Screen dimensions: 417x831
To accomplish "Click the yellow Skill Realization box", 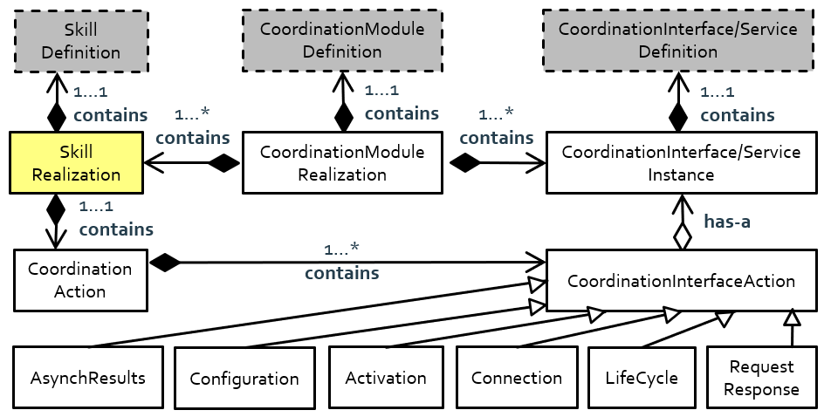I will coord(76,163).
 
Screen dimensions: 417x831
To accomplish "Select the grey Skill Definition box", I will coord(79,41).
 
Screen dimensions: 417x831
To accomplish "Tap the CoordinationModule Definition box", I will coord(342,41).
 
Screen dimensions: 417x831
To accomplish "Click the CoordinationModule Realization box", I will coord(342,163).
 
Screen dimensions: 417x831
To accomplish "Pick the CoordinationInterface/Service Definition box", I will coord(677,41).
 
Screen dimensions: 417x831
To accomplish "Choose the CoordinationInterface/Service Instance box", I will coord(681,163).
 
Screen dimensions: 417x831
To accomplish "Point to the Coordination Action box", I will coord(79,280).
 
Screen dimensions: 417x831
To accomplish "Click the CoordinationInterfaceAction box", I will coord(681,281).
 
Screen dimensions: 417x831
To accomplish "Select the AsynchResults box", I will coord(88,379).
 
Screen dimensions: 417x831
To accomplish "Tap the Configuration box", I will coord(244,379).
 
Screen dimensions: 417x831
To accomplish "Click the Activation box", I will coord(386,379).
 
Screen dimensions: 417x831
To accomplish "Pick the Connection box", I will coord(517,379).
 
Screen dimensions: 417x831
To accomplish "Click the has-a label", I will coord(727,222).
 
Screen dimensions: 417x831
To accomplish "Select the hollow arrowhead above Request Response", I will coord(791,317).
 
